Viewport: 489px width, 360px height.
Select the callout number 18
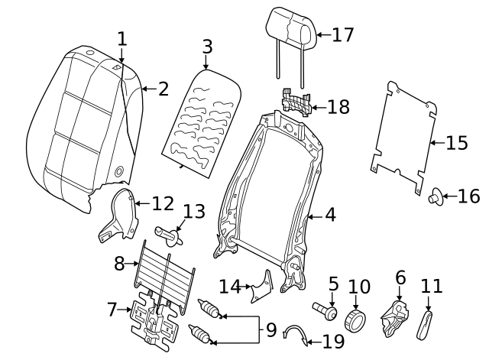click(x=338, y=107)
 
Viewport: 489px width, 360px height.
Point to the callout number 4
click(x=330, y=216)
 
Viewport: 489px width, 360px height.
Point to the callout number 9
click(x=271, y=331)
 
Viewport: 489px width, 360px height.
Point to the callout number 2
click(x=163, y=89)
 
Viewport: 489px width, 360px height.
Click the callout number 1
click(x=121, y=38)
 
